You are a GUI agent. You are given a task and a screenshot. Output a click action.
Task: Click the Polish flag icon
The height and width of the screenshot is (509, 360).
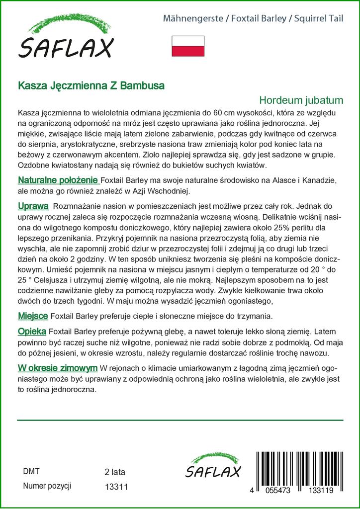tap(188, 46)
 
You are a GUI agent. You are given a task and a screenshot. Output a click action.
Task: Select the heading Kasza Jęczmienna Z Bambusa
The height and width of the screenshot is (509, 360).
tap(91, 85)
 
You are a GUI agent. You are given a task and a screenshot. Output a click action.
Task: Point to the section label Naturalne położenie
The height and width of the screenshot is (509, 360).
tap(58, 179)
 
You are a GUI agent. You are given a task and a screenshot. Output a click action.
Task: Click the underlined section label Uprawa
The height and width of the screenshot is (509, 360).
tap(33, 205)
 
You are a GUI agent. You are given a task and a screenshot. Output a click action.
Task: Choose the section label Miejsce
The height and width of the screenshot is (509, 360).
tap(33, 316)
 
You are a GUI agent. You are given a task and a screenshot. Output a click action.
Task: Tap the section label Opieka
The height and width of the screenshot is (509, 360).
tap(32, 331)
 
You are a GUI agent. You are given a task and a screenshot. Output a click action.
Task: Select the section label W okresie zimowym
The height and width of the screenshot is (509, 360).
tap(57, 368)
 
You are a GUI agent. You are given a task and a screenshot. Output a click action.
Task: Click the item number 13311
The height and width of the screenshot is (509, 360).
tap(117, 487)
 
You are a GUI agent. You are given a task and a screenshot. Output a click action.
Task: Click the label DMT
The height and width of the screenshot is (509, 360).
tap(31, 472)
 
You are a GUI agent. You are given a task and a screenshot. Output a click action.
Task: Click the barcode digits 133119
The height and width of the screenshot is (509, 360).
tap(326, 490)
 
